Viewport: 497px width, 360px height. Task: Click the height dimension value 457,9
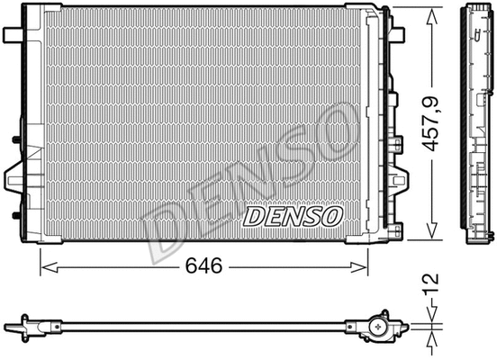[x=438, y=126]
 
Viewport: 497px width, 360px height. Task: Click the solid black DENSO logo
[x=293, y=216]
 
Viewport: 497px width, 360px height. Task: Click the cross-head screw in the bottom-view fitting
[x=379, y=325]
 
